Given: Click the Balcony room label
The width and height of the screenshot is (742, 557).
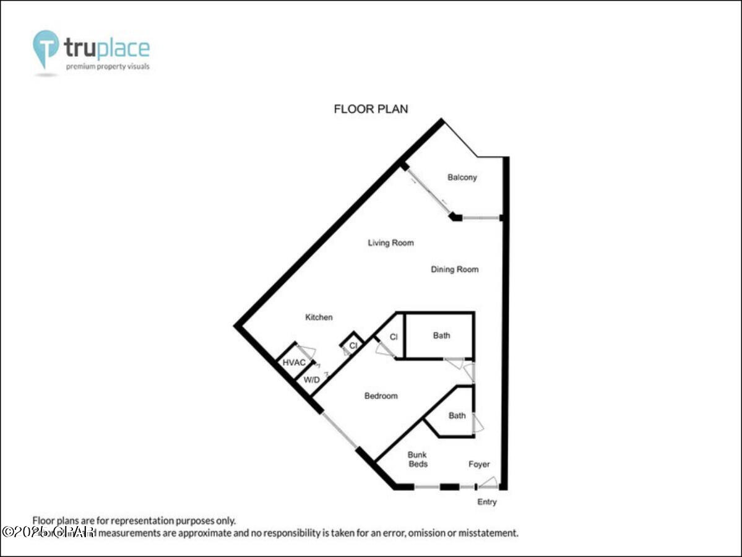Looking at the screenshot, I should [x=462, y=178].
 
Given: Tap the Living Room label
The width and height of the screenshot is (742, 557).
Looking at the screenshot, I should [x=390, y=243].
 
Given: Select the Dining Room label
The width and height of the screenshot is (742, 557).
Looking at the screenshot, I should [x=454, y=269].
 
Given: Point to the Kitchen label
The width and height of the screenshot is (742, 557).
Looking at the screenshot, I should [x=319, y=317].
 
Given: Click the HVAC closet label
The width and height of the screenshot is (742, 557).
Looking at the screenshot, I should [x=294, y=363].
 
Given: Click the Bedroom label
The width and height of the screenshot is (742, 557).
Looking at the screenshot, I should [x=381, y=395].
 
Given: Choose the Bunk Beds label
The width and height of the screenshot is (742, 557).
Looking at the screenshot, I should [x=417, y=459].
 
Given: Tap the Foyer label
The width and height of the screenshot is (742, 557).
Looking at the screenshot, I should [x=479, y=464].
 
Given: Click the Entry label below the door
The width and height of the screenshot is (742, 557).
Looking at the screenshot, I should [x=486, y=502].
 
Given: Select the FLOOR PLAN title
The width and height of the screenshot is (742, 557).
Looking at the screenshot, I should [x=371, y=110].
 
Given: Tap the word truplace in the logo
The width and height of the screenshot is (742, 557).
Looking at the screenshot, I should [x=106, y=48].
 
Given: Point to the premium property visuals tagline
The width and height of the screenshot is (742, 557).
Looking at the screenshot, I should [x=108, y=66].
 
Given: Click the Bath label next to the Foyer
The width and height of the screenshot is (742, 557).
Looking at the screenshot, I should [x=457, y=415].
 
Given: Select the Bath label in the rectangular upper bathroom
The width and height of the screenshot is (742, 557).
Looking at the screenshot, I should [x=441, y=335].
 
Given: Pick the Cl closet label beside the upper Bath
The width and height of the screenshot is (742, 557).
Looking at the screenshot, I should [x=392, y=337].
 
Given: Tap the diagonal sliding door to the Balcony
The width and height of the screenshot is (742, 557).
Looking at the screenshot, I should [x=428, y=191].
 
